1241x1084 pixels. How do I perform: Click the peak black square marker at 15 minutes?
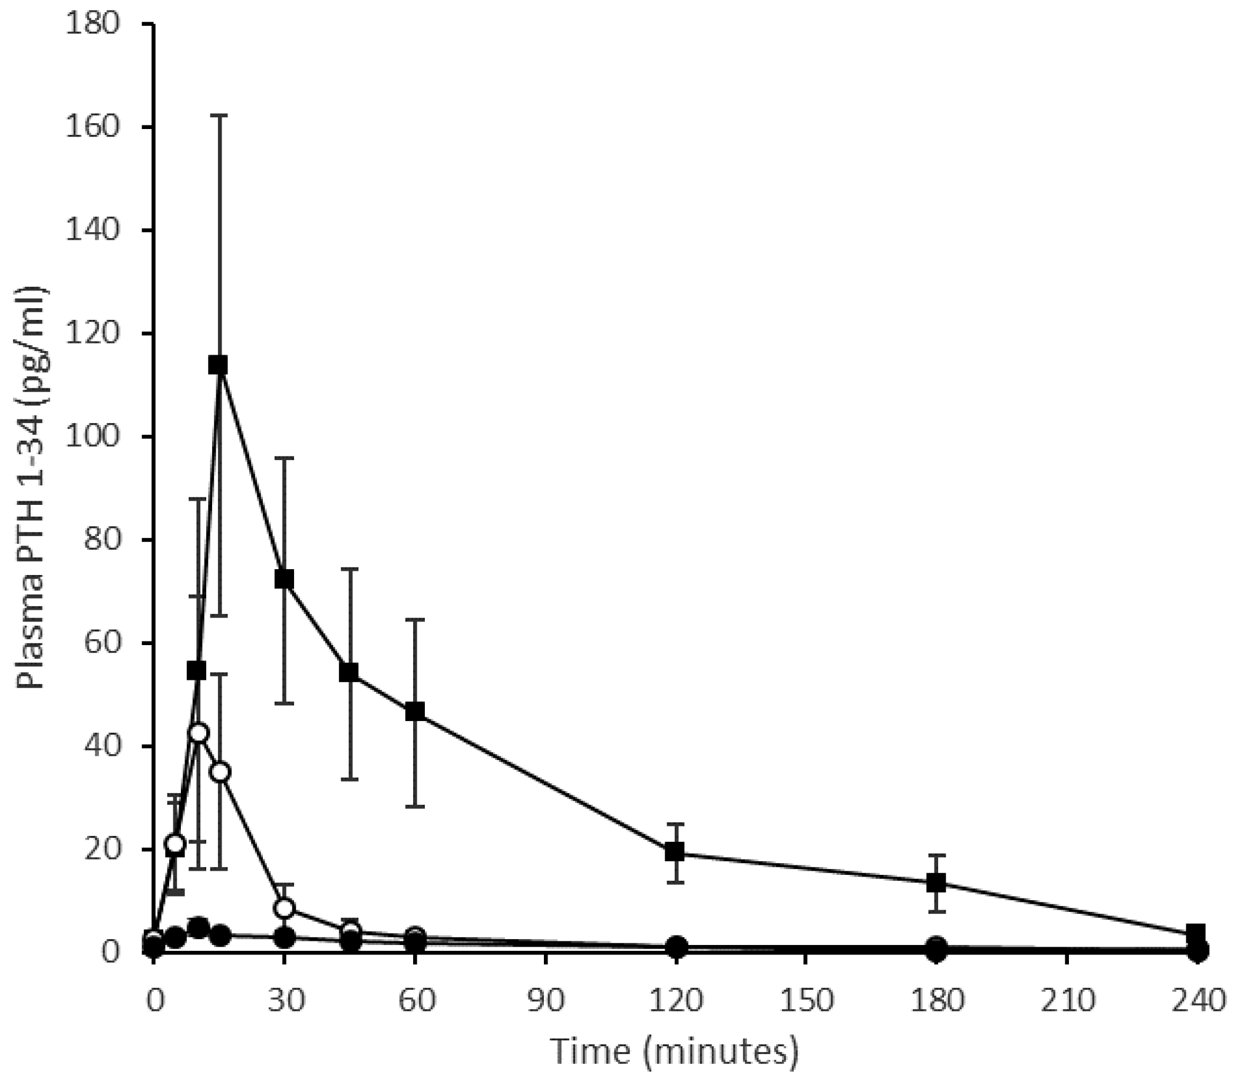pos(218,365)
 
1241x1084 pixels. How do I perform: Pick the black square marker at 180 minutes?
pos(936,883)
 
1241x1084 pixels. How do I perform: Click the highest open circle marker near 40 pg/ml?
pos(199,732)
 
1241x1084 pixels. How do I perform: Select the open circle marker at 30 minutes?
pos(285,908)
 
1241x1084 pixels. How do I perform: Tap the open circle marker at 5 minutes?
pos(176,844)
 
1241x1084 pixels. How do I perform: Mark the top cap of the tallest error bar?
pos(219,114)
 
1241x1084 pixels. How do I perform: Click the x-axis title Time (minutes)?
pos(675,1052)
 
